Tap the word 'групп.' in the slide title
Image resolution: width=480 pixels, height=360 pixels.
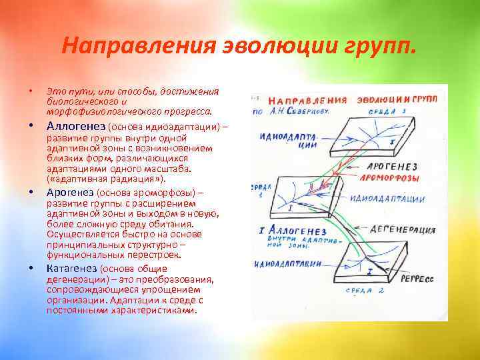point(383,47)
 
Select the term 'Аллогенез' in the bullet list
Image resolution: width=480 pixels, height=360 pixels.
point(76,125)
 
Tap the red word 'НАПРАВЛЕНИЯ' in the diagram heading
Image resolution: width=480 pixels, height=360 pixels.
point(311,100)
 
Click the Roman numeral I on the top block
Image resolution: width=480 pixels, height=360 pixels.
point(391,142)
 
